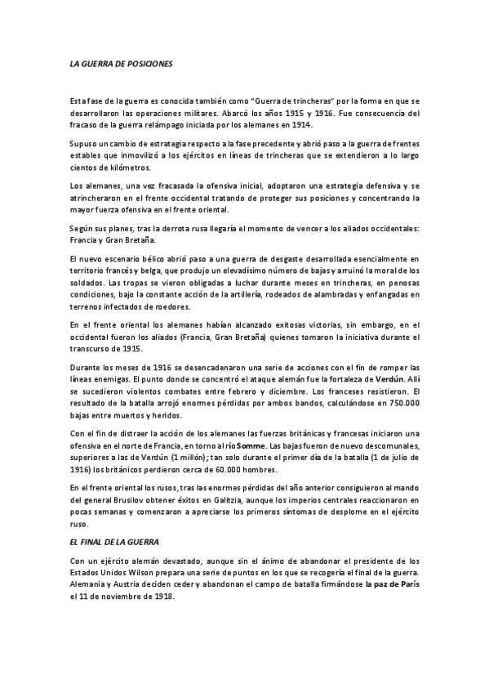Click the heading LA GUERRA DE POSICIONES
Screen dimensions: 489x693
pyautogui.click(x=121, y=63)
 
